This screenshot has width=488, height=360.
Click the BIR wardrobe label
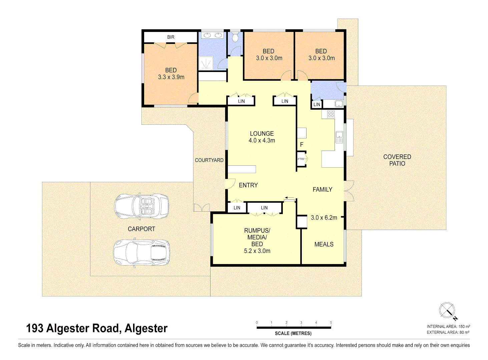[171, 37]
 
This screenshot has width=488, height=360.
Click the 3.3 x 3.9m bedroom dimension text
[171, 77]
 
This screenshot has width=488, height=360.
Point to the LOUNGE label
[262, 133]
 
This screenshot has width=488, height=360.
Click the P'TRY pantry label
[301, 159]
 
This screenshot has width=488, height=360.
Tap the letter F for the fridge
[302, 145]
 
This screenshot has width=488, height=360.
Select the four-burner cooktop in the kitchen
[331, 114]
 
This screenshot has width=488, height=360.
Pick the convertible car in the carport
[141, 206]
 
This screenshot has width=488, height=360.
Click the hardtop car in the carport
[141, 252]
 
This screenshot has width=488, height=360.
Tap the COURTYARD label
[209, 160]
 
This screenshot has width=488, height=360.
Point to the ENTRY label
[248, 185]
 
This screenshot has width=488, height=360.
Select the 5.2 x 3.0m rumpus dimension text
[257, 251]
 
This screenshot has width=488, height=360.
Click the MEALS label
[324, 244]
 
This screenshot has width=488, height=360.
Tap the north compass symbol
[447, 311]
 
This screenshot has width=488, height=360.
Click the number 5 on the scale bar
[331, 322]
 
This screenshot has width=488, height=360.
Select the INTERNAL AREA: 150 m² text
[448, 327]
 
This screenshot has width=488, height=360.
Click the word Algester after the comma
[146, 328]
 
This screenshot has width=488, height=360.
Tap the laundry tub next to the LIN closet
[339, 104]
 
